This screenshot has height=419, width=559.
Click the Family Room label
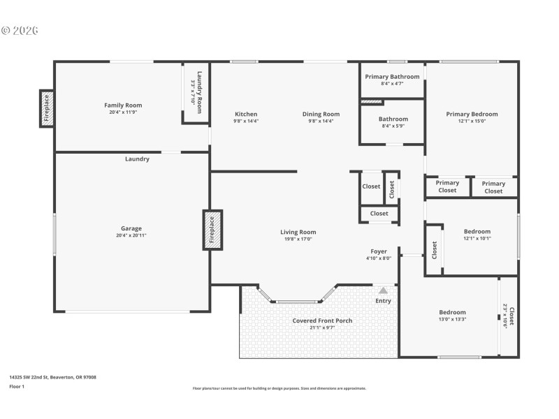point(123,105)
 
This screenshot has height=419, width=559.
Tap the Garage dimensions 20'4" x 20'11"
point(131,236)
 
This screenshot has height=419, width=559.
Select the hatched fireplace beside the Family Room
point(47,109)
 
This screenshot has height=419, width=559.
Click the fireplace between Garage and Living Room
point(212,229)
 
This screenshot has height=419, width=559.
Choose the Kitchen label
point(246,114)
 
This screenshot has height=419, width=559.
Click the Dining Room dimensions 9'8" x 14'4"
point(321,122)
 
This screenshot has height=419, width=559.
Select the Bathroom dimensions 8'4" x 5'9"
point(393,126)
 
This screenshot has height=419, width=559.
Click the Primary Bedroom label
point(472,114)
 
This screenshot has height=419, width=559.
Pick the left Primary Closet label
point(447,187)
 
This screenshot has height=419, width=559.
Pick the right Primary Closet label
point(493,187)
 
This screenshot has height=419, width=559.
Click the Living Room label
point(298,232)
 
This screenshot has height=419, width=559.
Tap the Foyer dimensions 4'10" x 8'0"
point(379,258)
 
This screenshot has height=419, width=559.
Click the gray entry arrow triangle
point(383,289)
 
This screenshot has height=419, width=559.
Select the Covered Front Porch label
point(322,321)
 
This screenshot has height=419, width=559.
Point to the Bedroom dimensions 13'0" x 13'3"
point(452,319)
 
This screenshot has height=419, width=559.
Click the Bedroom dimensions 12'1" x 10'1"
point(477,239)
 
